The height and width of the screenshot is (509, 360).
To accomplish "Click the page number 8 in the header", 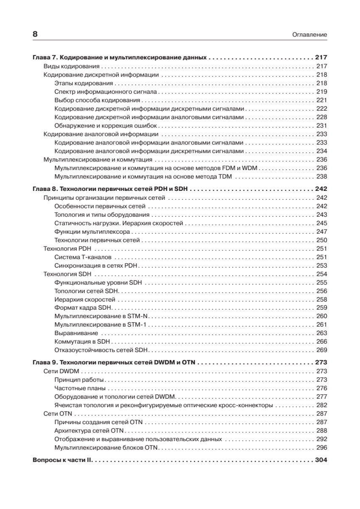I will point(35,34).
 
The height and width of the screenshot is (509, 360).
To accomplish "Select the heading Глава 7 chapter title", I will point(119,57).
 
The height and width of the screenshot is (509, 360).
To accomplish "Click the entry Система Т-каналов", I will point(83,257).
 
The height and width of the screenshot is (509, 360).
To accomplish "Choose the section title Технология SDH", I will point(65,274).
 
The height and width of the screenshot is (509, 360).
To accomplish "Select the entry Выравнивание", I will point(76,333).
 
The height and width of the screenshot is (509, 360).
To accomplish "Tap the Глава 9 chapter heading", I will point(116,363).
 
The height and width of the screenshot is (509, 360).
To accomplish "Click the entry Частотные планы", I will point(80,388).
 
